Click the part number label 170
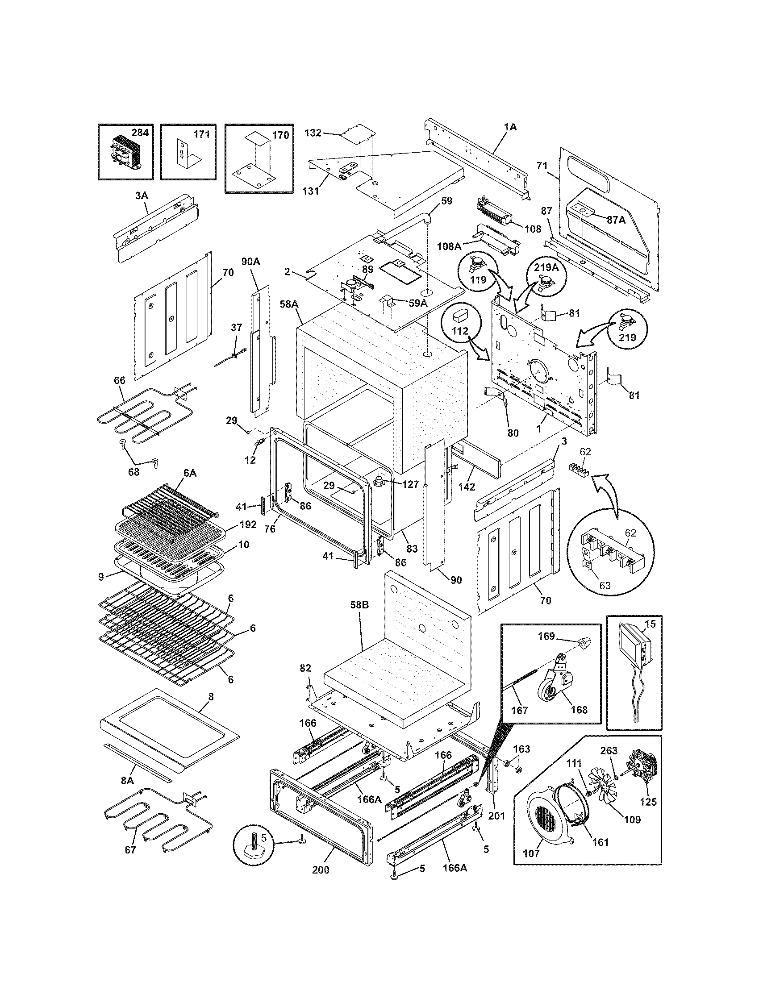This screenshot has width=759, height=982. coord(280,135)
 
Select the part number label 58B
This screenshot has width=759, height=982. coord(359,606)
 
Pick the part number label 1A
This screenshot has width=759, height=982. coord(510,127)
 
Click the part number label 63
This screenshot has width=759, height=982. coord(605,586)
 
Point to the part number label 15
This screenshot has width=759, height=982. coord(650,624)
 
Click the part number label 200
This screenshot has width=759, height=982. coord(321,882)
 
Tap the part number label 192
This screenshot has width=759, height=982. coord(248,524)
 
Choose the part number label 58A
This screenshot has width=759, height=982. coord(289,304)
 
